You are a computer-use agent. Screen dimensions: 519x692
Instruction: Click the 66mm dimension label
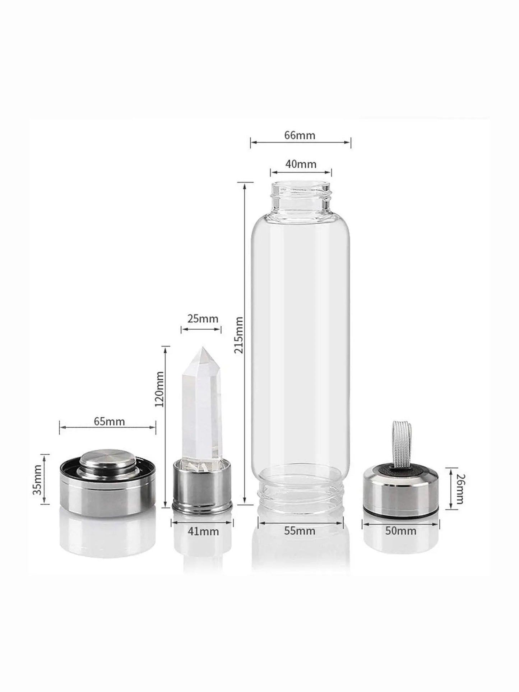point(300,135)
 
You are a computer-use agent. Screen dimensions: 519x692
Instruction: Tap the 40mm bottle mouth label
point(301,164)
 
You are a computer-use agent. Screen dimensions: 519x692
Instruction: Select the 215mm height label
point(239,335)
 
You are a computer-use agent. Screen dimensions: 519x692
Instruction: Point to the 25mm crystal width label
point(203,319)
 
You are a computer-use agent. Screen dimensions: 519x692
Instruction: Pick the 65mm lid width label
point(109,421)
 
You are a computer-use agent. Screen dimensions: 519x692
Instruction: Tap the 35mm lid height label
point(37,479)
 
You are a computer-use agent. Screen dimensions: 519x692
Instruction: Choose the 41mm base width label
point(203,531)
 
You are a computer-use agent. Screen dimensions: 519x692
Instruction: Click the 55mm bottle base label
point(300,530)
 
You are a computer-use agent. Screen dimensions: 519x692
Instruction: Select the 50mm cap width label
point(401,530)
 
